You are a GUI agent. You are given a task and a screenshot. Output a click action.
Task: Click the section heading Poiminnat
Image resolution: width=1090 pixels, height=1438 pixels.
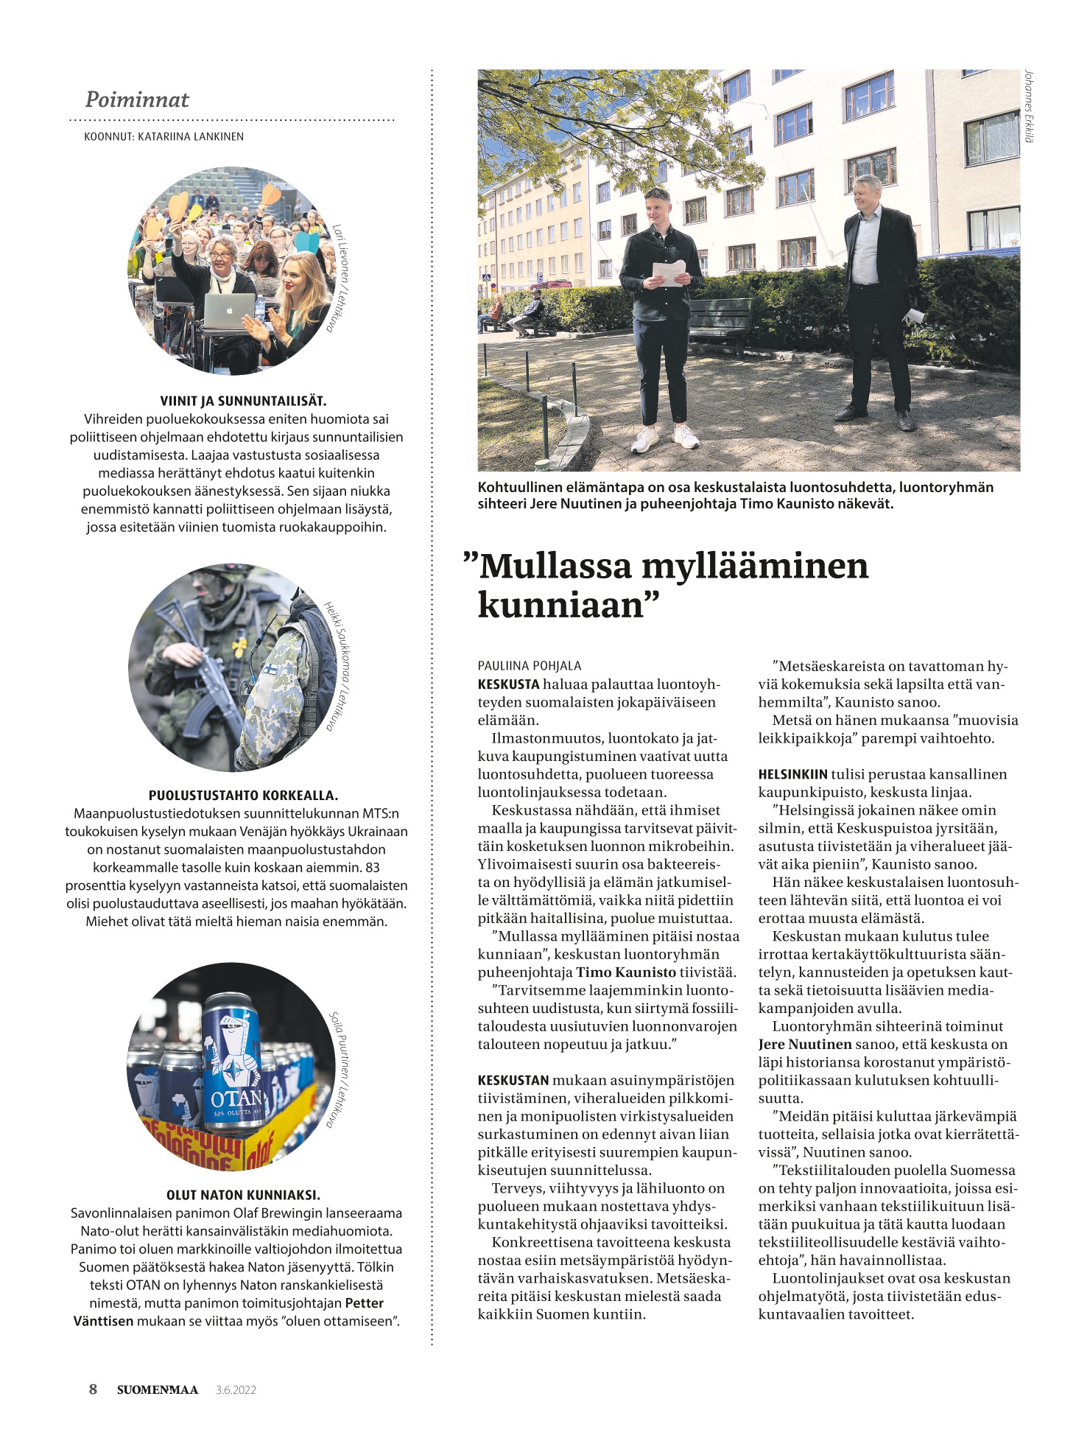point(137,99)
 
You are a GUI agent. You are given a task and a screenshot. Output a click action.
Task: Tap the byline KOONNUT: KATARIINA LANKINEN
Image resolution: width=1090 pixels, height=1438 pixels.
point(163,136)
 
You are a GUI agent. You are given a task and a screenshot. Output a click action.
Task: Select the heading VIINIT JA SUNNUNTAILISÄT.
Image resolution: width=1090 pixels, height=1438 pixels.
point(243,401)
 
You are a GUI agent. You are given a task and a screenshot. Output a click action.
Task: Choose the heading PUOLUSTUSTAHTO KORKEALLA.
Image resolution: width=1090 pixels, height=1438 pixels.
point(243,796)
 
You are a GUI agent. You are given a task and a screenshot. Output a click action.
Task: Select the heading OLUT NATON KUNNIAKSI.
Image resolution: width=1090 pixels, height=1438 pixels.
point(243,1195)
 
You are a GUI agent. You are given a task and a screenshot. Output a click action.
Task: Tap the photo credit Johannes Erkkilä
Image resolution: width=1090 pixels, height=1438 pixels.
point(1030,108)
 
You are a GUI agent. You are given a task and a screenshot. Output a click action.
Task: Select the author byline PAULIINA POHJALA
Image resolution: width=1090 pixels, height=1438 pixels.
point(530,666)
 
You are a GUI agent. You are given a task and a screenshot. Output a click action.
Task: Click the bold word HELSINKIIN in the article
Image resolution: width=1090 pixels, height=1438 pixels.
point(792,774)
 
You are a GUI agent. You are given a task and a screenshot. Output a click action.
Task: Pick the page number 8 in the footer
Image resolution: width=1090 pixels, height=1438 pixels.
point(93,1389)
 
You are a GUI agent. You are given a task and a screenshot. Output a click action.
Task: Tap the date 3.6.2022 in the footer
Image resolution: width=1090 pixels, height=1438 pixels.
point(236,1390)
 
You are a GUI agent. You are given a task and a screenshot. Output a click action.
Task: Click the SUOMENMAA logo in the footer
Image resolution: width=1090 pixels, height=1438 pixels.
point(158,1390)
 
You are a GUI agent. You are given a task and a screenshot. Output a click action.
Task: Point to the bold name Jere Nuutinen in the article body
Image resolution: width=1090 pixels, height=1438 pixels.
point(805,1044)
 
